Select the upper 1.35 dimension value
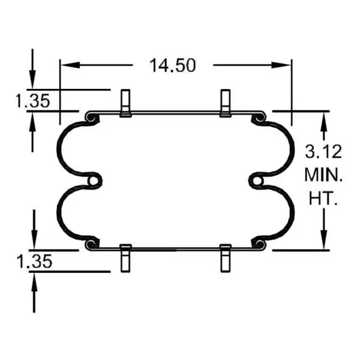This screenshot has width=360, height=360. (32, 101)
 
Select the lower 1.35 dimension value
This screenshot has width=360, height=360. (32, 261)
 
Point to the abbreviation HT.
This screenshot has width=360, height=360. (323, 199)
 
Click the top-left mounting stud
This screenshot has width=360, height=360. (125, 103)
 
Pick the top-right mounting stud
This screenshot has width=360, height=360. (226, 103)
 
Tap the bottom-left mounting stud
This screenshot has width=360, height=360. (125, 258)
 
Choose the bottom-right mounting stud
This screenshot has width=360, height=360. (226, 258)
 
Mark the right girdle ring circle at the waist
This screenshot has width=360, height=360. (257, 181)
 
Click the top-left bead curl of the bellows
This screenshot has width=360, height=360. (91, 119)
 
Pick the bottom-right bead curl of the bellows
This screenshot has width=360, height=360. (260, 243)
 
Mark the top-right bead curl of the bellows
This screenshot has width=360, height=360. (260, 119)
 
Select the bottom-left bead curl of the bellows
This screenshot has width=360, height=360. (91, 243)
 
